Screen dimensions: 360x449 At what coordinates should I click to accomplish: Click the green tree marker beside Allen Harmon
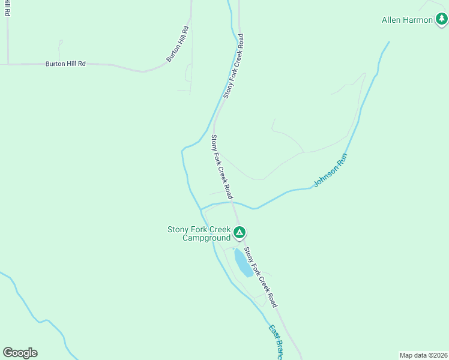point(442,20)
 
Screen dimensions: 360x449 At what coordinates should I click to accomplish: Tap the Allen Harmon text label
point(407,20)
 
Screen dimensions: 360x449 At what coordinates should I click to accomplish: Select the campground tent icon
point(239,232)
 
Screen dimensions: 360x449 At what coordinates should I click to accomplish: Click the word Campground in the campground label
point(206,238)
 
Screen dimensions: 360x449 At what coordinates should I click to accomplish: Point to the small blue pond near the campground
point(243,263)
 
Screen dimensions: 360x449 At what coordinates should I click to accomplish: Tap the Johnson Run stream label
point(331,171)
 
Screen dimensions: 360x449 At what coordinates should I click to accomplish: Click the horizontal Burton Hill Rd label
point(65,63)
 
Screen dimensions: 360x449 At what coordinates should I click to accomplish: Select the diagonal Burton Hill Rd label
point(178,44)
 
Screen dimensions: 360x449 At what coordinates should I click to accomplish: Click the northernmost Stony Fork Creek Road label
point(234,66)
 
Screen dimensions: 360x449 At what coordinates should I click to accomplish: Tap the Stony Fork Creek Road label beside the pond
point(261,278)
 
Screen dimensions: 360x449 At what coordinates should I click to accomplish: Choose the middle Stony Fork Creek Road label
point(221,167)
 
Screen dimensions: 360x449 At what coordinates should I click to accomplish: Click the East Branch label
point(275,342)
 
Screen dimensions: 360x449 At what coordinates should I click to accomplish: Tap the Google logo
point(20,353)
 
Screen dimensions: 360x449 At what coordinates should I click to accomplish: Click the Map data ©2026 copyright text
point(423,355)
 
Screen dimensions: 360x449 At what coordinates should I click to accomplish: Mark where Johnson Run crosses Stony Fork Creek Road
point(233,202)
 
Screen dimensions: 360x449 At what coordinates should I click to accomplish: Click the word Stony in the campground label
point(178,229)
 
